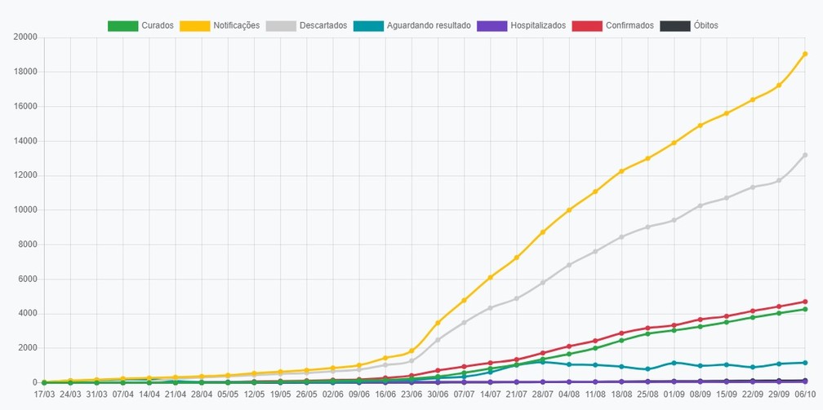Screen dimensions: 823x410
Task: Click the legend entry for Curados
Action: (140, 25)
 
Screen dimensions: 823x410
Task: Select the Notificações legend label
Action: (236, 25)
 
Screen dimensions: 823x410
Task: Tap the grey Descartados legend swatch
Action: (281, 26)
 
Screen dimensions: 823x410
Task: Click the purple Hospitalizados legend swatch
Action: (492, 26)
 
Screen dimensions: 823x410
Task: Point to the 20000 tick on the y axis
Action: (26, 37)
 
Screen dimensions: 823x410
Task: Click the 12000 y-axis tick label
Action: (26, 175)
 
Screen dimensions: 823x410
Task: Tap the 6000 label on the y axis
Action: (28, 279)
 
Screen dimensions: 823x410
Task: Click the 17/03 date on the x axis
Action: (44, 394)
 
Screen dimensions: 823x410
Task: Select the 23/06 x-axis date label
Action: (411, 394)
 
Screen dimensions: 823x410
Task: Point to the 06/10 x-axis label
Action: (805, 394)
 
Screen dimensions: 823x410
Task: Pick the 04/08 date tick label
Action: (569, 394)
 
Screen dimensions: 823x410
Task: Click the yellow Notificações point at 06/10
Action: (805, 54)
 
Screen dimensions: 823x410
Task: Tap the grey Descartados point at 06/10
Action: (805, 155)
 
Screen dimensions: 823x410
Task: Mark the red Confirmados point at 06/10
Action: (805, 302)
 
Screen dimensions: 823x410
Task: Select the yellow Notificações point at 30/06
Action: (438, 323)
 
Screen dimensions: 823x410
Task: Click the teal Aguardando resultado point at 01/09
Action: (674, 363)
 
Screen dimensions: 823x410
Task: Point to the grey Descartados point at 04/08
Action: (569, 265)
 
